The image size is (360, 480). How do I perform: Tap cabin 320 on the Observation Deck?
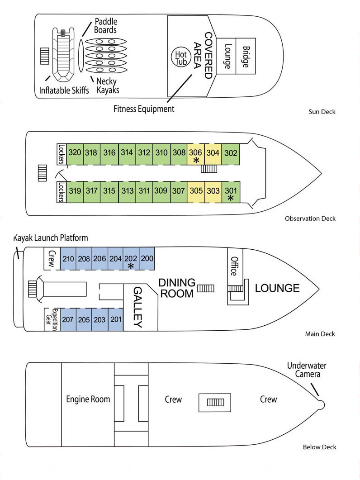pyautogui.click(x=75, y=152)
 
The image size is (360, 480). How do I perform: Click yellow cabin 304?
pyautogui.click(x=213, y=153)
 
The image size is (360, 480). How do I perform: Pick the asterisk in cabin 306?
pyautogui.click(x=196, y=161)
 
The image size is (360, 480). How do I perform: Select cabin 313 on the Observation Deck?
pyautogui.click(x=127, y=191)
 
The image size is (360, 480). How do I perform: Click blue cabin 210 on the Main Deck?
pyautogui.click(x=68, y=259)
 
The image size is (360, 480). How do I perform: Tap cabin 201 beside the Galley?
pyautogui.click(x=116, y=320)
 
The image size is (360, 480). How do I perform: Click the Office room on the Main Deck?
pyautogui.click(x=234, y=266)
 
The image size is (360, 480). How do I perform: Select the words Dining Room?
pyautogui.click(x=177, y=288)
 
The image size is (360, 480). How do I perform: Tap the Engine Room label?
pyautogui.click(x=88, y=399)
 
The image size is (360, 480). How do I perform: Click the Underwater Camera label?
pyautogui.click(x=307, y=370)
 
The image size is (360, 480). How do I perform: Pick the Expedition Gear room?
pyautogui.click(x=52, y=320)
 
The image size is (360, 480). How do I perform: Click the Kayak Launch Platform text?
pyautogui.click(x=51, y=238)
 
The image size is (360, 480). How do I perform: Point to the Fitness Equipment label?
pyautogui.click(x=144, y=109)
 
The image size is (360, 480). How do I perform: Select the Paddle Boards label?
pyautogui.click(x=105, y=26)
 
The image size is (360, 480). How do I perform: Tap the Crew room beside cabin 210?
pyautogui.click(x=52, y=259)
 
